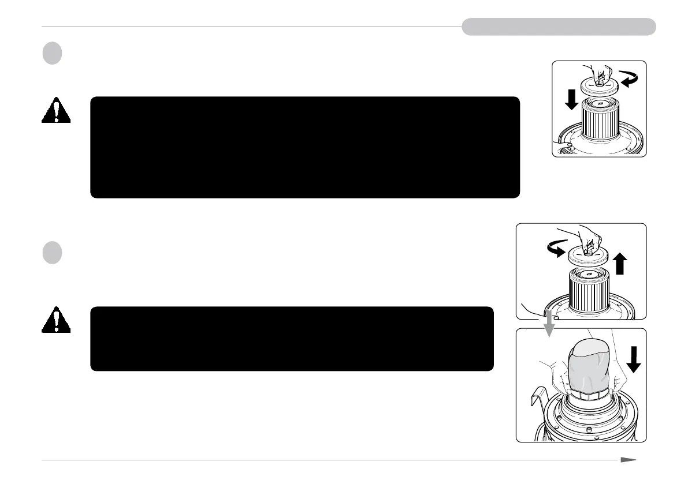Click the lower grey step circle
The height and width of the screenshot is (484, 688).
[x=51, y=253]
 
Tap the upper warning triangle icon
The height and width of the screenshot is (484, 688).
[x=55, y=111]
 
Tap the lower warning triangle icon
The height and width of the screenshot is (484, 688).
[x=55, y=320]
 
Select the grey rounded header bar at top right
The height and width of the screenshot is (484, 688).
[x=558, y=27]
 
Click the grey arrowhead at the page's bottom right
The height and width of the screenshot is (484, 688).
[x=629, y=460]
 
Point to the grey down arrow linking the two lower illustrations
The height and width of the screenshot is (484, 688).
[x=549, y=328]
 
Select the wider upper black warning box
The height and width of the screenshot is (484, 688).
[x=305, y=147]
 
